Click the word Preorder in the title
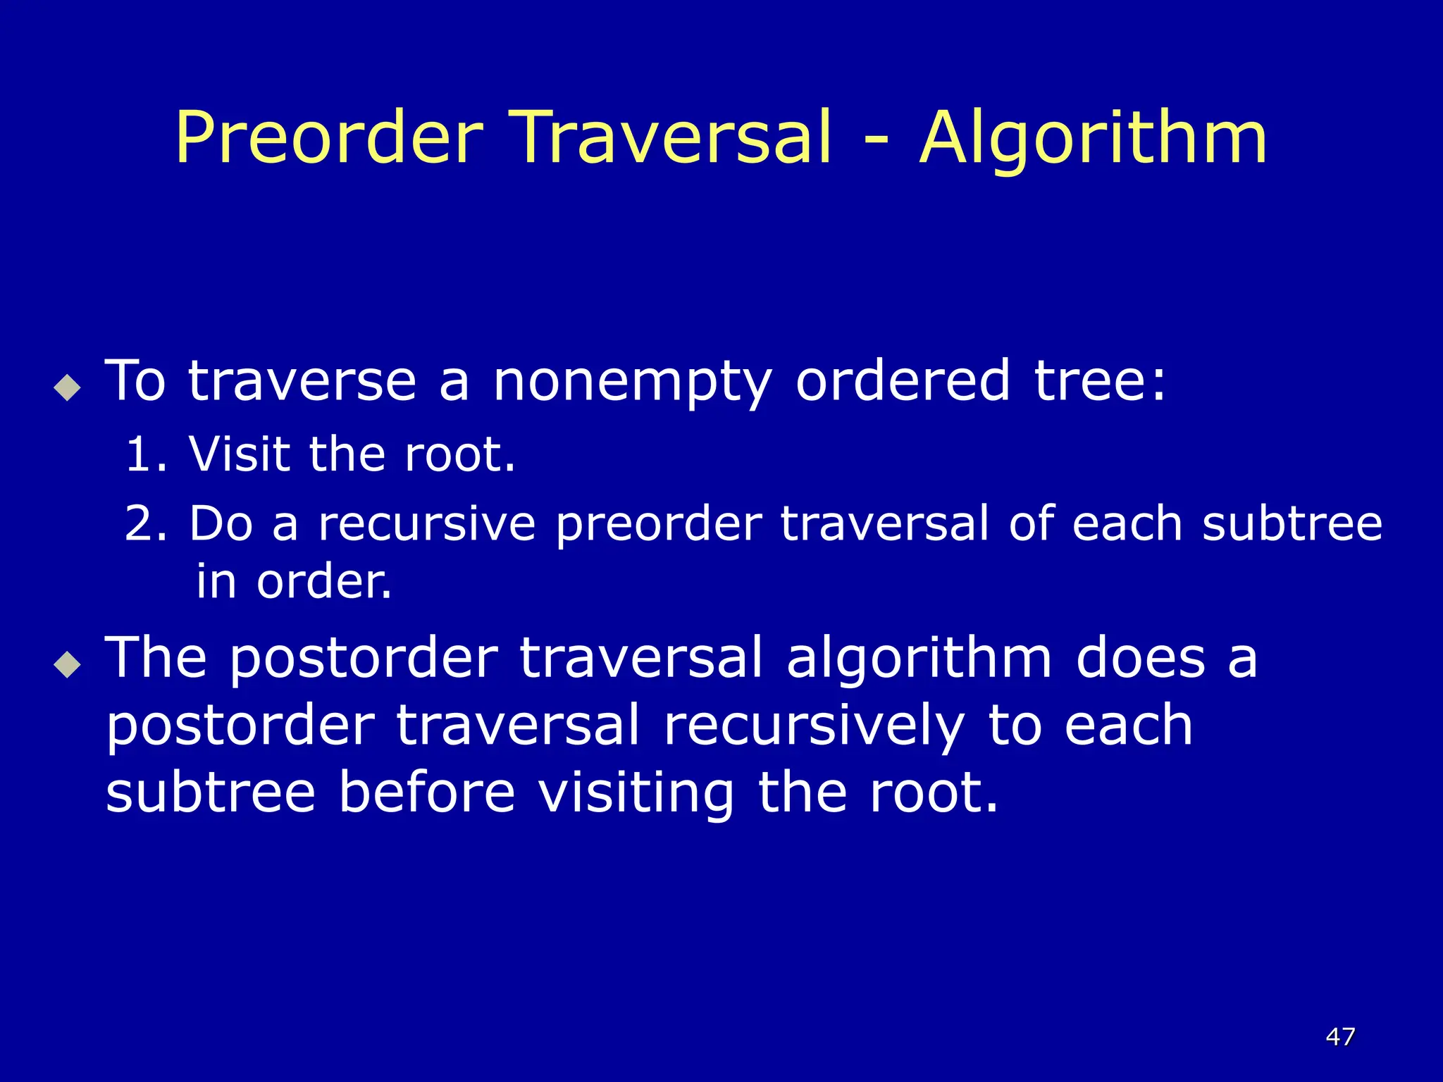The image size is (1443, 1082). pyautogui.click(x=329, y=139)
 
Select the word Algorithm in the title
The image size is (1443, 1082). pyautogui.click(x=1093, y=139)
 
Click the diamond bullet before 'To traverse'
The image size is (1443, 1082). pyautogui.click(x=67, y=387)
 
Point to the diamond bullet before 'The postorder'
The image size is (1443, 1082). pyautogui.click(x=67, y=664)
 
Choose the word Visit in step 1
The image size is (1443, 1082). pyautogui.click(x=240, y=454)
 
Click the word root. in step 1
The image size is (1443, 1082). pyautogui.click(x=460, y=454)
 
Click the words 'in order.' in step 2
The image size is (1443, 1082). pyautogui.click(x=294, y=583)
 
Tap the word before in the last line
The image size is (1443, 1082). pyautogui.click(x=427, y=792)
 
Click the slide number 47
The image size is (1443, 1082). pyautogui.click(x=1340, y=1036)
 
